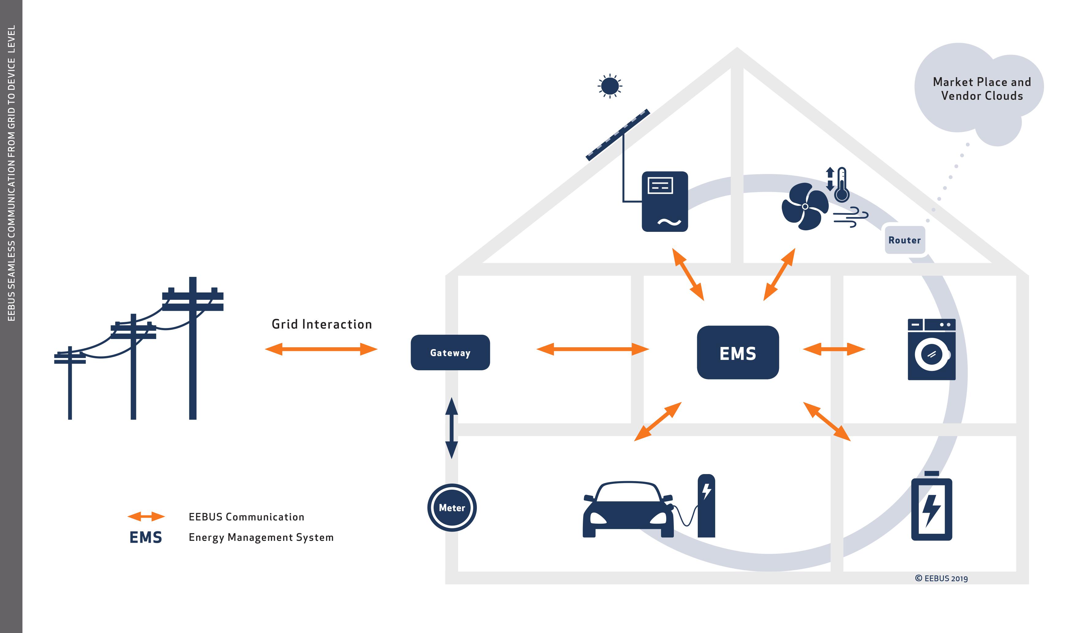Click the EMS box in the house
pos(737,352)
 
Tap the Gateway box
pos(450,352)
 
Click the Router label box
pos(904,240)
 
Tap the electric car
pos(627,510)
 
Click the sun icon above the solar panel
pos(610,86)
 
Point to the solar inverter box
pos(664,201)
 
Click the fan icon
pos(804,206)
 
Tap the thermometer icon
pos(841,185)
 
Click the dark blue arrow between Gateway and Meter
pos(451,428)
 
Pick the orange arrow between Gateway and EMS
pos(592,349)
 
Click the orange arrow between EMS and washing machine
pos(834,349)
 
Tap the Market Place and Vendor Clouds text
pos(982,89)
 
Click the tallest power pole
pos(192,348)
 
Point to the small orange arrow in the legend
pos(146,517)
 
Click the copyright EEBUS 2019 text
pos(941,578)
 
